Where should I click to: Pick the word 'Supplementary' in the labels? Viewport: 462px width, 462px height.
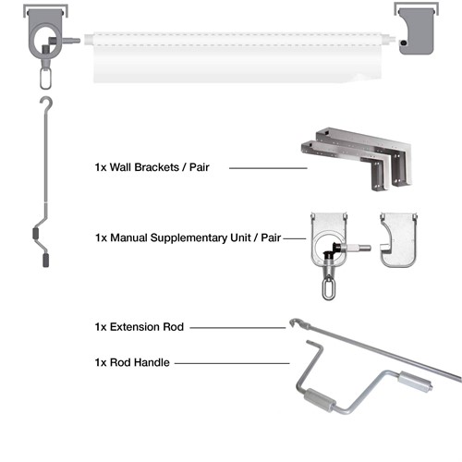click(188, 237)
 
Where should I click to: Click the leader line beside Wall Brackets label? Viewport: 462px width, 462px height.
click(268, 168)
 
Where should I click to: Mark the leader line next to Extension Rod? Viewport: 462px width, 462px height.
click(237, 328)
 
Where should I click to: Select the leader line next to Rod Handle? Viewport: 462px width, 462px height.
click(232, 363)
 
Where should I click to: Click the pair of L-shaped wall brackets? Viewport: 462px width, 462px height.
click(358, 159)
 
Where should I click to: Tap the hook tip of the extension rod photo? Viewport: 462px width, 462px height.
click(293, 322)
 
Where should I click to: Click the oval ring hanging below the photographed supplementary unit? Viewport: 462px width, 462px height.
click(328, 288)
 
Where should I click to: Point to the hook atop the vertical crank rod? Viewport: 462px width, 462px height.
click(47, 104)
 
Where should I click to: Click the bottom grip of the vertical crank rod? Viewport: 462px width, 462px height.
click(45, 260)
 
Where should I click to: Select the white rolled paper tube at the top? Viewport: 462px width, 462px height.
click(238, 57)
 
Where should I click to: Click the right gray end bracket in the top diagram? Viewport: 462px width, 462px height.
click(417, 30)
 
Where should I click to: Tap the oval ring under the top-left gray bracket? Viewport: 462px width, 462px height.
click(45, 79)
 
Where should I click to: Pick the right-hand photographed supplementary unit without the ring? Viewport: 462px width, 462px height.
click(399, 239)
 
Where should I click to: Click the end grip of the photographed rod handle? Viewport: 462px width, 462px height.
click(415, 382)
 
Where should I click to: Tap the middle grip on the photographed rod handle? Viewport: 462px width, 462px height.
click(320, 400)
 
